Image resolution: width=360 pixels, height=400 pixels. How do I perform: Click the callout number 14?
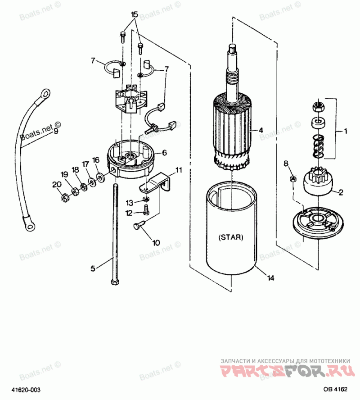point(270,278)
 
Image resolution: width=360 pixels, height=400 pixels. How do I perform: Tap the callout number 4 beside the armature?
point(261,130)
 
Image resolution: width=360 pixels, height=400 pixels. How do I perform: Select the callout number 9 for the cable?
point(56,132)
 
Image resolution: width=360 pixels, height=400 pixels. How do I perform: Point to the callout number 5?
point(93,268)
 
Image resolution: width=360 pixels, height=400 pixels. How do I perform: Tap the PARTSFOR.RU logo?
point(284,372)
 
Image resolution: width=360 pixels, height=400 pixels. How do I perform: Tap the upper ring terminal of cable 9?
point(45,94)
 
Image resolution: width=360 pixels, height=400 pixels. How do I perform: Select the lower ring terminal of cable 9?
point(30,223)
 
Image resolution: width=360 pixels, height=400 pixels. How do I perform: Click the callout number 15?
point(134,15)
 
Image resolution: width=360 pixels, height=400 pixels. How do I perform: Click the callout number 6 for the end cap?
point(164,153)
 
